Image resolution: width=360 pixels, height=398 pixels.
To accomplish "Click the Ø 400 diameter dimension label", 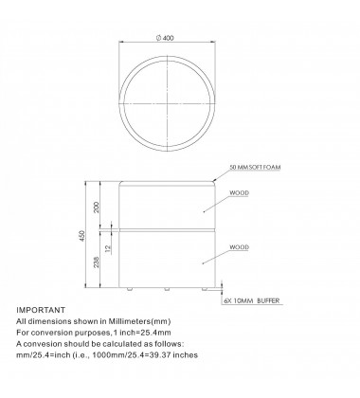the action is [165, 38].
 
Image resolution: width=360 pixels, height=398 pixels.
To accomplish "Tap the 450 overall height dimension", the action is [82, 236].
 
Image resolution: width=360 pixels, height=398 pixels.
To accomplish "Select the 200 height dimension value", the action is [97, 208].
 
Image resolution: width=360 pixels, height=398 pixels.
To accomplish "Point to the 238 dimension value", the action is [97, 262].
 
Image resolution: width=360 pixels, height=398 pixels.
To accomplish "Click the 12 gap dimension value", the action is [108, 248].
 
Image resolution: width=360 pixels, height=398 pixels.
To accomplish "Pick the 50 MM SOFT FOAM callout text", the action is [255, 167].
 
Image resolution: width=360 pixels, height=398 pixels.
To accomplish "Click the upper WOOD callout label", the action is [239, 192].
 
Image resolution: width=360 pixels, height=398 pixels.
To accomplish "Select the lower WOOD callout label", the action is [239, 247].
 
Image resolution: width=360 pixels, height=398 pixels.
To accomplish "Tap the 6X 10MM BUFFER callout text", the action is [252, 300].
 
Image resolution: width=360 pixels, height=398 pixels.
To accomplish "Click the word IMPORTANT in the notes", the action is [41, 310].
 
